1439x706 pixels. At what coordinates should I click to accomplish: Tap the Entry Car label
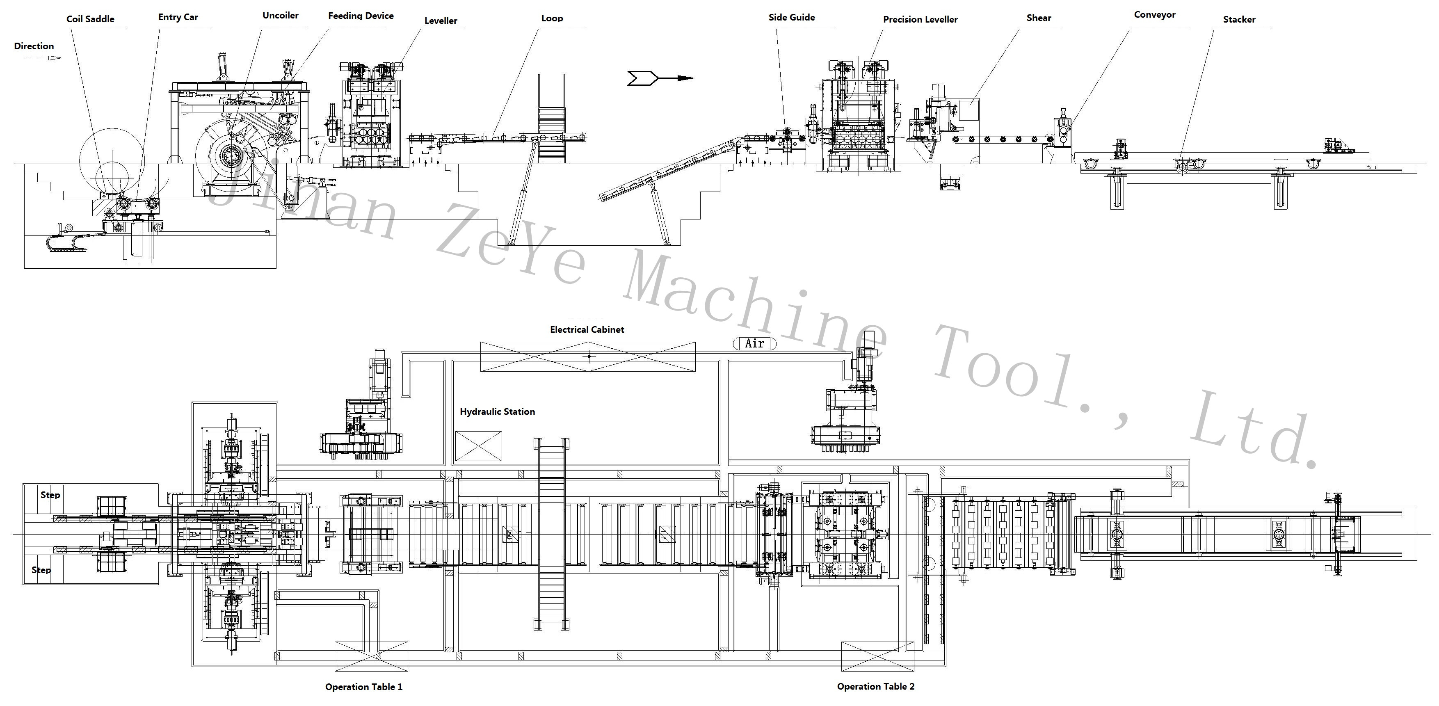tap(178, 17)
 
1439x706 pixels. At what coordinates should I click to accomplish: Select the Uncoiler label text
tap(281, 16)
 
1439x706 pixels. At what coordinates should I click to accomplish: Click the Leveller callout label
tap(440, 21)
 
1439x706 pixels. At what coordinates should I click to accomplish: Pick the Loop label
tap(552, 18)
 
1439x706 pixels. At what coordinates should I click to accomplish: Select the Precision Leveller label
tap(920, 20)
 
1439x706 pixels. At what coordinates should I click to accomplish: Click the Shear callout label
tap(1039, 18)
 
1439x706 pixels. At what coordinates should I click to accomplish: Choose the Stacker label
tap(1238, 20)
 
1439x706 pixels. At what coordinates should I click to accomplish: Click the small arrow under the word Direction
tap(43, 57)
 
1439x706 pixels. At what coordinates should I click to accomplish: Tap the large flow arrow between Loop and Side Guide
tap(659, 78)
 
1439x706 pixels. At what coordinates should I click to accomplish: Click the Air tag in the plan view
tap(754, 343)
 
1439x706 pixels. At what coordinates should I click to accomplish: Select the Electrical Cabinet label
tap(587, 329)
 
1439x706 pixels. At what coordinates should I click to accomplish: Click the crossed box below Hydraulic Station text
tap(478, 446)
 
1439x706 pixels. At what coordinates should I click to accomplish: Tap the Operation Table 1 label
tap(364, 686)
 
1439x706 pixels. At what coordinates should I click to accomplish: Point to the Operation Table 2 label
tap(875, 686)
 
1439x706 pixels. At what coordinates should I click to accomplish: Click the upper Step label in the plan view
tap(50, 495)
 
